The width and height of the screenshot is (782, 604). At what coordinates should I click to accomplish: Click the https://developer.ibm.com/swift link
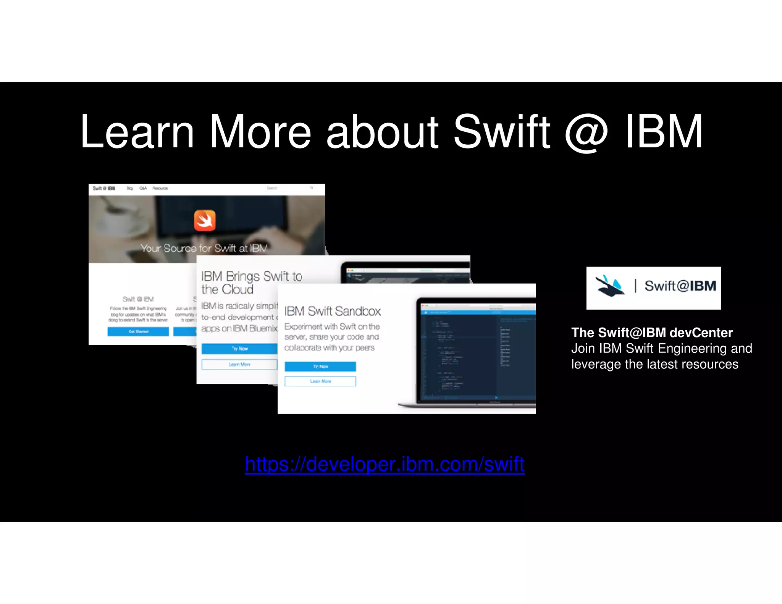coord(385,464)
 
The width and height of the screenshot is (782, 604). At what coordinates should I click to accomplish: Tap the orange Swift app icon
coord(205,221)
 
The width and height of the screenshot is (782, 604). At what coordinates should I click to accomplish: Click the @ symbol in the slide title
coord(586,132)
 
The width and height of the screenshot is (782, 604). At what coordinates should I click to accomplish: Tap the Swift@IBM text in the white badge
coord(680,286)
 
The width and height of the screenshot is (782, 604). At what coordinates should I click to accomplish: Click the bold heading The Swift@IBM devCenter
coord(652,333)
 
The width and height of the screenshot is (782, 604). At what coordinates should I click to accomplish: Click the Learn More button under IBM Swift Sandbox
coord(320,381)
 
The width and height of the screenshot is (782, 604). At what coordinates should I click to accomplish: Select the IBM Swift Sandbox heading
coord(333,311)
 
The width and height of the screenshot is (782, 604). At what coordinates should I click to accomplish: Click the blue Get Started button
coord(138,331)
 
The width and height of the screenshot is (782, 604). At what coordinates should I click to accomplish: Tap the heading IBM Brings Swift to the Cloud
coord(251,283)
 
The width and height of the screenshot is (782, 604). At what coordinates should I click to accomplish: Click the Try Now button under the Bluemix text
coord(239,349)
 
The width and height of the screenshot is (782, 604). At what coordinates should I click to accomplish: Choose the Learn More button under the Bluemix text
coord(239,365)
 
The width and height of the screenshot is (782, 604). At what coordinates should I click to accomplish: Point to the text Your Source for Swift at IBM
coord(204,248)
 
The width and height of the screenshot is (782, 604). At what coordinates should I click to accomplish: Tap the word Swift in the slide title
coord(502,132)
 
